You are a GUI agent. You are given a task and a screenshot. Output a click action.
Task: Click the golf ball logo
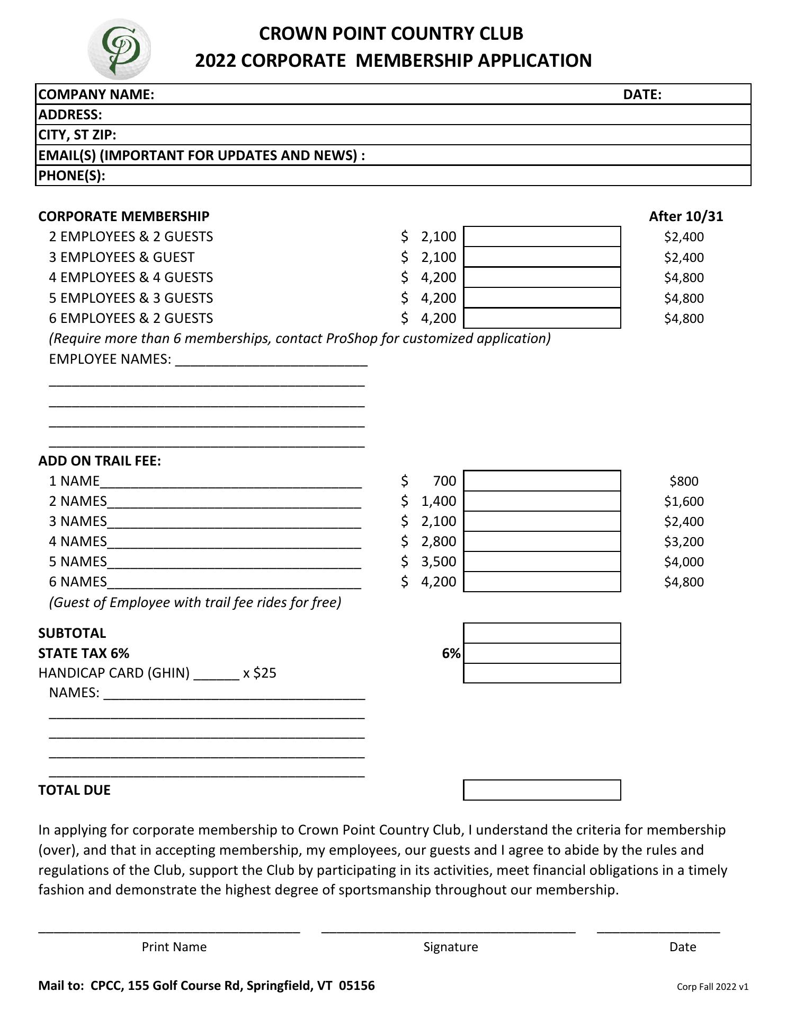pos(119,49)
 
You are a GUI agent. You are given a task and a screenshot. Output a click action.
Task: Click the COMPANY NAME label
pos(96,94)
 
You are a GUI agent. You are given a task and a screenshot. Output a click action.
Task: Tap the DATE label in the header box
pos(642,94)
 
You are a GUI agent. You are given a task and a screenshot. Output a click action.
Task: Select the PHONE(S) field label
pos(72,175)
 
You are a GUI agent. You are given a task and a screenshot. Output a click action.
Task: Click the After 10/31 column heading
pos(686,216)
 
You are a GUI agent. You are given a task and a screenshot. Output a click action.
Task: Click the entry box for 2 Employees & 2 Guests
pos(542,236)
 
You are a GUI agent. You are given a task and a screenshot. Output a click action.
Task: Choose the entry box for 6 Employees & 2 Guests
pos(542,318)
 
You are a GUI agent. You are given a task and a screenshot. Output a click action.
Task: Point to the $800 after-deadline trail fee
pos(684,481)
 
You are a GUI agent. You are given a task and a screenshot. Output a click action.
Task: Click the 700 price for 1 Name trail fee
pos(444,481)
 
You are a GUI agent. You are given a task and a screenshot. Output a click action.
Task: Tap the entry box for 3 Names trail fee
pos(542,521)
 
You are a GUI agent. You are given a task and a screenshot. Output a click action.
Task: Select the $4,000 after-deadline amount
pos(684,561)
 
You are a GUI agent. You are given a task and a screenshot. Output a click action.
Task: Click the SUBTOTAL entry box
pos(542,633)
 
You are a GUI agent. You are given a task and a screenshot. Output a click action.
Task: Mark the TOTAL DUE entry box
pos(542,790)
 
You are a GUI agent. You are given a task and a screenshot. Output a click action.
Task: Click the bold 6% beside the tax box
pos(451,653)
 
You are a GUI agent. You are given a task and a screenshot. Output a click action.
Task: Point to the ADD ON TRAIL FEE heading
pos(100,461)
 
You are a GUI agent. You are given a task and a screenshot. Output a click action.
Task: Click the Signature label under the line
pos(450,947)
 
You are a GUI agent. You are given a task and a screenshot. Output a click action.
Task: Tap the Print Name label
pos(174,947)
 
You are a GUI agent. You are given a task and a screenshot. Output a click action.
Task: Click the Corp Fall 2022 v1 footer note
pos(712,987)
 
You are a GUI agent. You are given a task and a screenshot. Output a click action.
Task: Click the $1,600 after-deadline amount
pos(684,501)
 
